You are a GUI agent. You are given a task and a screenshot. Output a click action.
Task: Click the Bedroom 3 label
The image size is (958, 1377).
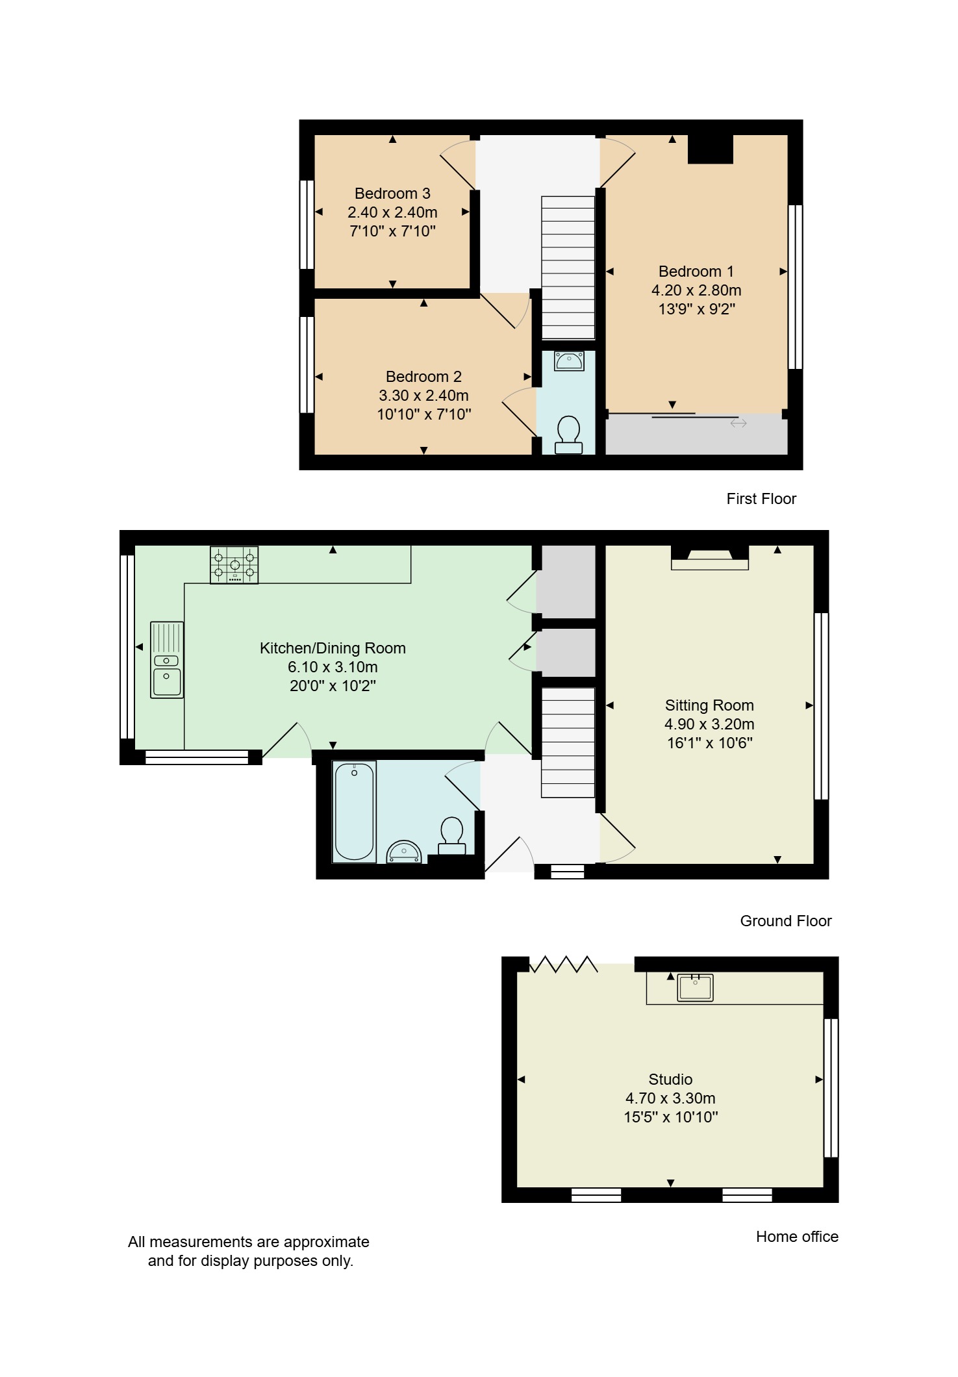pos(392,194)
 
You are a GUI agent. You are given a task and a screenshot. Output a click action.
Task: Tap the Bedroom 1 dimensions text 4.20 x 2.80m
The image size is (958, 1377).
pos(696,290)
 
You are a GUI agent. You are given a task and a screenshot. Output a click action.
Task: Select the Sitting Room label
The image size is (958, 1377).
pos(709,705)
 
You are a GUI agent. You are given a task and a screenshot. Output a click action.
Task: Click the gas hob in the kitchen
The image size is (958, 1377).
pos(234,565)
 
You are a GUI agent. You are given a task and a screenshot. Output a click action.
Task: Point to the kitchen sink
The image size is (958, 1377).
pos(167,660)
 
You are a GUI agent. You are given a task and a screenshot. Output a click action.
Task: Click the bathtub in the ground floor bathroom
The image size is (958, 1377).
pos(354,812)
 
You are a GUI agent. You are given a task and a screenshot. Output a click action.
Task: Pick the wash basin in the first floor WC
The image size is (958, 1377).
pos(569,360)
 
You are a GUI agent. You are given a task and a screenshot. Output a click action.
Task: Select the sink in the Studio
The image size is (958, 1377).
pos(695,987)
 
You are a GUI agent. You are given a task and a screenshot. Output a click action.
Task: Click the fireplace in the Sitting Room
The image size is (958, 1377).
pos(710,558)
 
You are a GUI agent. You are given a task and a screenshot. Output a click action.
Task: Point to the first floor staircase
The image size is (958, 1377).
pos(568,268)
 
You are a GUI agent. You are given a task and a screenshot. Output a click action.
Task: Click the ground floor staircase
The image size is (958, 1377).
pos(568,742)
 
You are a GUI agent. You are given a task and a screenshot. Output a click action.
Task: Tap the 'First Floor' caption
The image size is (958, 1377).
pos(761,499)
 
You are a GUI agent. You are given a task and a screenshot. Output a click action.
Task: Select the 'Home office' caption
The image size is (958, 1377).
pos(797,1237)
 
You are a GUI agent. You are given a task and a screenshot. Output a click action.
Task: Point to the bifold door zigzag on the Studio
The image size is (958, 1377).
pos(564,964)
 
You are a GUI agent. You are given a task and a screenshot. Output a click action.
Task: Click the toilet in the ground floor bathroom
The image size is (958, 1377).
pos(451,835)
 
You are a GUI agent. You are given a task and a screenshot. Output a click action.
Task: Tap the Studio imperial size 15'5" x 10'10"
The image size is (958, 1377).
pos(671,1117)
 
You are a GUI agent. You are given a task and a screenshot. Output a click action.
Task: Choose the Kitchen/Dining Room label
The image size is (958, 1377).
pos(333,648)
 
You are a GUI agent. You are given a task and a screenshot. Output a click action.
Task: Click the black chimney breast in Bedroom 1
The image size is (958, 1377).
pos(711,149)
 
